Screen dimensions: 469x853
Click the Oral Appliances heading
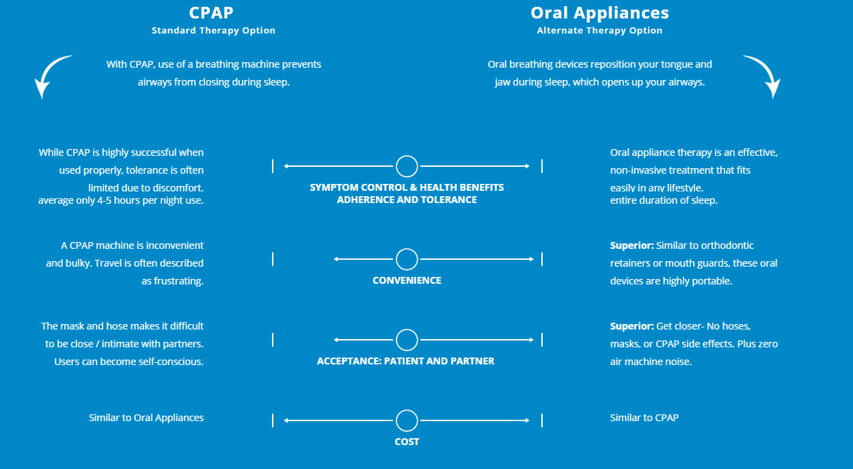coord(599,13)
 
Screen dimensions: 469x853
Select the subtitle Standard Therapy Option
coord(213,31)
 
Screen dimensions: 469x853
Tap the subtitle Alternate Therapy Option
coord(599,31)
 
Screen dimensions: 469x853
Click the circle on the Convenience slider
coord(407,259)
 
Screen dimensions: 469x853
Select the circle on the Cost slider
coord(407,420)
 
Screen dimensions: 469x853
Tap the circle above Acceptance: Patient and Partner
coord(407,340)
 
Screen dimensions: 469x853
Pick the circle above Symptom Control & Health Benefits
coord(407,166)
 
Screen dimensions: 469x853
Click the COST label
coord(407,442)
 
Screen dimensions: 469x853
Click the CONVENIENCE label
coord(407,280)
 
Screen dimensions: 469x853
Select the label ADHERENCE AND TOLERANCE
coord(407,200)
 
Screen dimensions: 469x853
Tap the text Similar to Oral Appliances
coord(146,418)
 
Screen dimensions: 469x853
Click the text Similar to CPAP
coord(644,418)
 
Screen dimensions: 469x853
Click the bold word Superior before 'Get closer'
coord(631,326)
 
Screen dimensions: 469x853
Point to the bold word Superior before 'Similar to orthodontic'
coord(631,245)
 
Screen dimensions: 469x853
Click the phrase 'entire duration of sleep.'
coord(664,200)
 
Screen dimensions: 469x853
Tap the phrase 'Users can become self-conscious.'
coord(128,362)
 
